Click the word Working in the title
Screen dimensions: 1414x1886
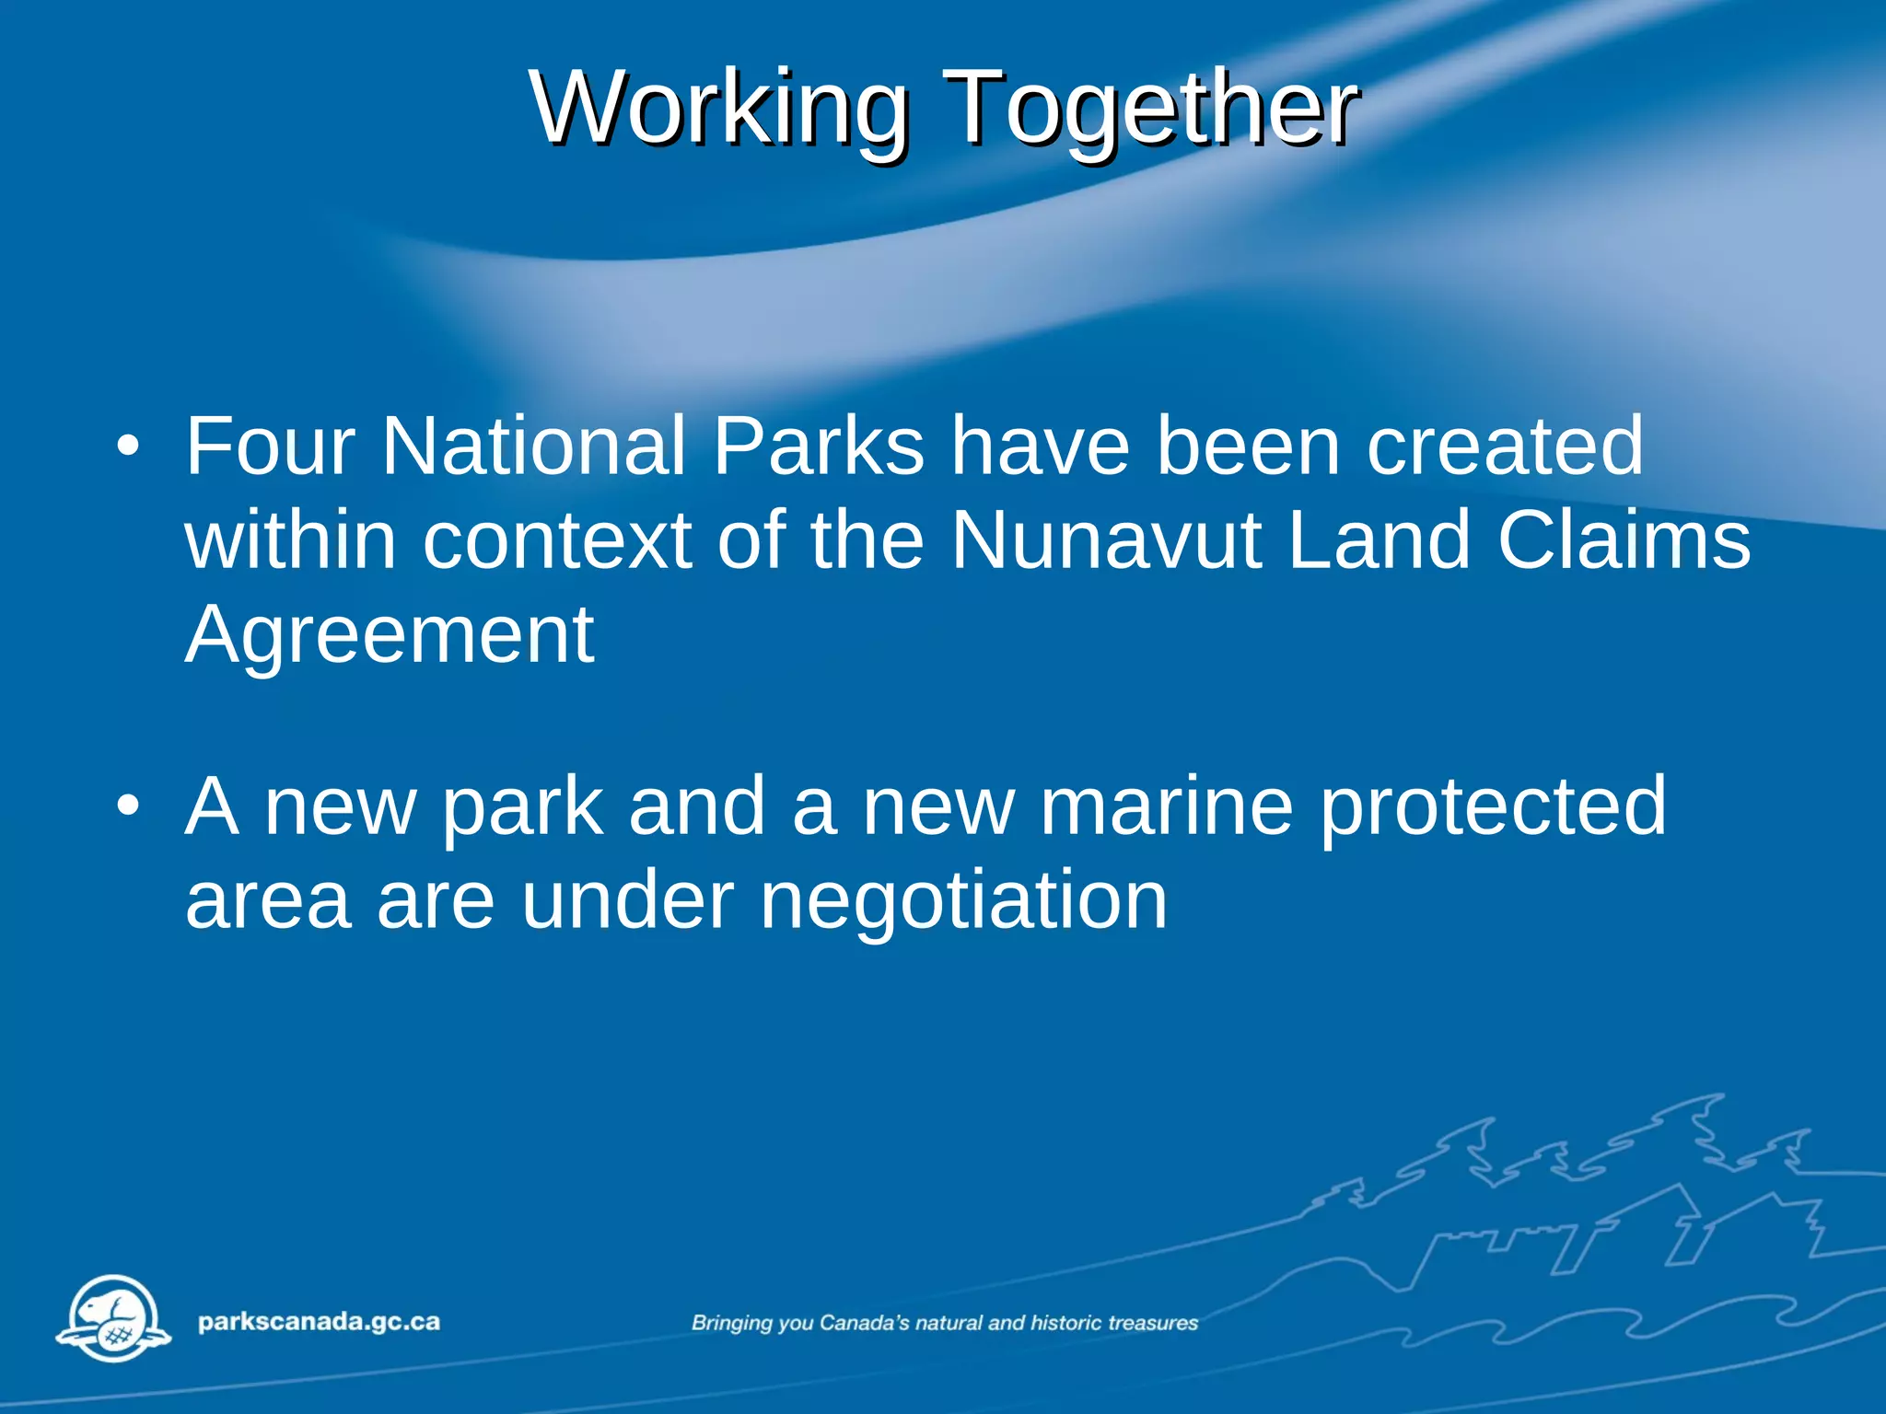pos(718,109)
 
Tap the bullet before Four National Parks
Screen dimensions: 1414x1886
pos(128,447)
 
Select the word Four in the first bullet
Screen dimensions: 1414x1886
pos(270,446)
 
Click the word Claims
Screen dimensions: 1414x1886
pos(1623,540)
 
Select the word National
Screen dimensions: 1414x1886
pos(534,446)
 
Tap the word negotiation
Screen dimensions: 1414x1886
pos(963,900)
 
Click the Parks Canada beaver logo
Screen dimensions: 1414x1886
pos(114,1319)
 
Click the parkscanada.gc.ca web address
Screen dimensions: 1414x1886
pos(319,1322)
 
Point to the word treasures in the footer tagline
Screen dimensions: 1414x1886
pos(1153,1323)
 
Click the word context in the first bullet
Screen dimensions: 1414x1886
pos(557,540)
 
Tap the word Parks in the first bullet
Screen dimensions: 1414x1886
pos(818,446)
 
